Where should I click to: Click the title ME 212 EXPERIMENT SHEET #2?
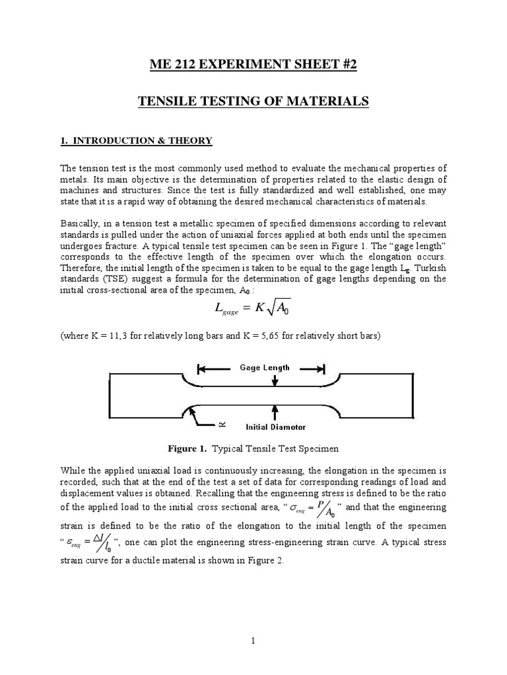coord(253,64)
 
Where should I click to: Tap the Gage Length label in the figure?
coord(260,367)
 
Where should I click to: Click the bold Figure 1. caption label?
coord(187,449)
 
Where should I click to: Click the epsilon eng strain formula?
coord(90,543)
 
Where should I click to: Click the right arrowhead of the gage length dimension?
coord(320,368)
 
